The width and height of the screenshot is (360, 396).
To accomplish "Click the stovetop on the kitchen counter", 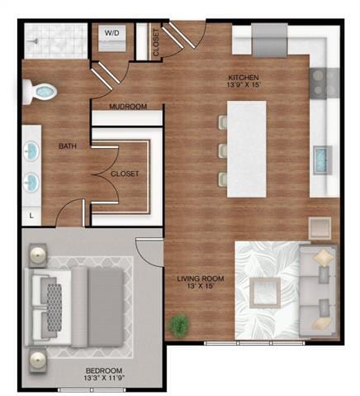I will [324, 81].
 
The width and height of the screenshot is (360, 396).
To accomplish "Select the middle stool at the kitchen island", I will [220, 150].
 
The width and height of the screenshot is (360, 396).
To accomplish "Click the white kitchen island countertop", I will [246, 149].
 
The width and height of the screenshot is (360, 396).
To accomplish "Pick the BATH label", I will [68, 146].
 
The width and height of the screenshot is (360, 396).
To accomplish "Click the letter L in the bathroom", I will [31, 216].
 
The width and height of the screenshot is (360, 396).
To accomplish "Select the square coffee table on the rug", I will [264, 292].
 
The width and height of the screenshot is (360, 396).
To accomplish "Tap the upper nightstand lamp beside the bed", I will [38, 257].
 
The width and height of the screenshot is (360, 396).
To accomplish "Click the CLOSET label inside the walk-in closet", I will [125, 174].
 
